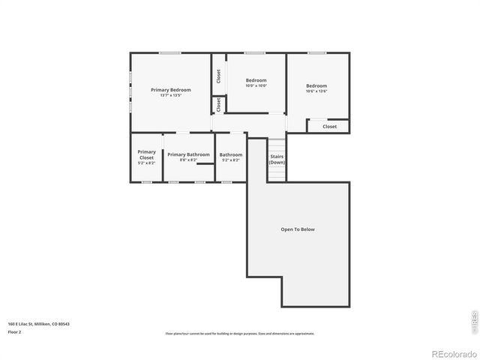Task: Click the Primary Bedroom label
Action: (x=170, y=90)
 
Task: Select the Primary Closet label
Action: (x=146, y=154)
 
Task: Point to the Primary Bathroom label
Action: (x=188, y=154)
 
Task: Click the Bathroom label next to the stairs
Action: (x=230, y=154)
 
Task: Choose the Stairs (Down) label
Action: (x=277, y=158)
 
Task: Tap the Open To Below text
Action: (x=298, y=229)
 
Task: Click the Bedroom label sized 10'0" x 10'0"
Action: (x=256, y=80)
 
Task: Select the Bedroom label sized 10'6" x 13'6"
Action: (x=316, y=85)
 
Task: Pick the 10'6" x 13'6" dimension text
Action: (x=316, y=91)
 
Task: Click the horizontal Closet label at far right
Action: (x=330, y=127)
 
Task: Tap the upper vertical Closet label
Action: (x=218, y=76)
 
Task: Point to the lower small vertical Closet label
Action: (x=218, y=106)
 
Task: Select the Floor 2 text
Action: (x=15, y=331)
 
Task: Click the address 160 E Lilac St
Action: (x=37, y=324)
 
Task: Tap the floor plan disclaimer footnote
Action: (x=239, y=334)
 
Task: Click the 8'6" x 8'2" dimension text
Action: (x=188, y=160)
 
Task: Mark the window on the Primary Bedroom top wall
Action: (x=169, y=52)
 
